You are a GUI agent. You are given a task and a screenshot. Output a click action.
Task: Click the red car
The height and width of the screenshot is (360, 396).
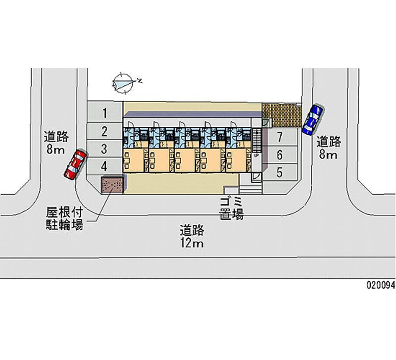(x=75, y=164)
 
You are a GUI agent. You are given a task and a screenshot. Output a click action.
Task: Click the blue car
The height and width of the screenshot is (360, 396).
(x=312, y=119)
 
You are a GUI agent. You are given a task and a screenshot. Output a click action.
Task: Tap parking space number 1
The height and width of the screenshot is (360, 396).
(x=105, y=113)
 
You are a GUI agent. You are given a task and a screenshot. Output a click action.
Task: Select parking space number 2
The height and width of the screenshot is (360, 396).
(x=105, y=131)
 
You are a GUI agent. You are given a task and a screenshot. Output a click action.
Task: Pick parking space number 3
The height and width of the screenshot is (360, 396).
(x=105, y=149)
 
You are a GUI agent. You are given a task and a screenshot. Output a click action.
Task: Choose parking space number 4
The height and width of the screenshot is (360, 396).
(x=105, y=166)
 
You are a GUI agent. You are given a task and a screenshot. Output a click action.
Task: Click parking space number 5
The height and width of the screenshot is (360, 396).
(x=280, y=172)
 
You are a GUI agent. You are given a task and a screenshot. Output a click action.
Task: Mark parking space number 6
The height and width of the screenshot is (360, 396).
(x=280, y=155)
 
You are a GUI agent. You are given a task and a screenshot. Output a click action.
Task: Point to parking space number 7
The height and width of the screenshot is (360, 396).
(x=280, y=137)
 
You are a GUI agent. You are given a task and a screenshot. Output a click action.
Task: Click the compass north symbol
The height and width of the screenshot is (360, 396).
(x=124, y=82)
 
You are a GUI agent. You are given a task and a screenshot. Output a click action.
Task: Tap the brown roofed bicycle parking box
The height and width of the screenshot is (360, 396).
(x=112, y=185)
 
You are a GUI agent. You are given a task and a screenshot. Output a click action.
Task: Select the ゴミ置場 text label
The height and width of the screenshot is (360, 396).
(x=231, y=208)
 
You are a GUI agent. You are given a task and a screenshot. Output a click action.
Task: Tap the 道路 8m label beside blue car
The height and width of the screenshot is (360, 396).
(x=329, y=148)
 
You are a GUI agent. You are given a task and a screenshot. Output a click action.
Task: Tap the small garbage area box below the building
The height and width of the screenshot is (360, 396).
(x=231, y=190)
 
